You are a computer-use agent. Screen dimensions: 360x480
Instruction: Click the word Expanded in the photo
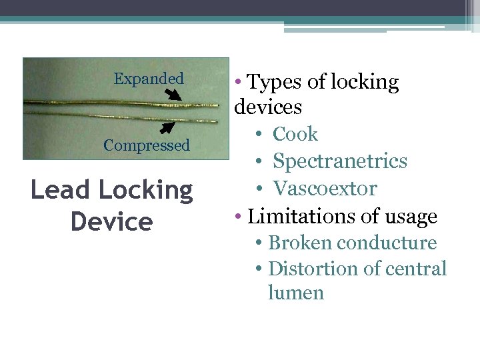click(149, 79)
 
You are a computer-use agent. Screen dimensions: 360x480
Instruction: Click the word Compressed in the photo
click(147, 145)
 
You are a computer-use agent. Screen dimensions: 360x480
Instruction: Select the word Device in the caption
click(111, 222)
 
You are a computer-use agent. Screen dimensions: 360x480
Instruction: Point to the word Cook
click(295, 134)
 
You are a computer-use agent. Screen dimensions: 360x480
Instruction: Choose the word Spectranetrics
click(339, 161)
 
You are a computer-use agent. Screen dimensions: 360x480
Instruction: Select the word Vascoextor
click(325, 189)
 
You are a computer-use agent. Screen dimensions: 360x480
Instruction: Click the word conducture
click(386, 243)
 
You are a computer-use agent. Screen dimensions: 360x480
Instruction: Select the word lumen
click(295, 293)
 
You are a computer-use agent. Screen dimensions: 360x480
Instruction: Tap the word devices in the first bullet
click(268, 107)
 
